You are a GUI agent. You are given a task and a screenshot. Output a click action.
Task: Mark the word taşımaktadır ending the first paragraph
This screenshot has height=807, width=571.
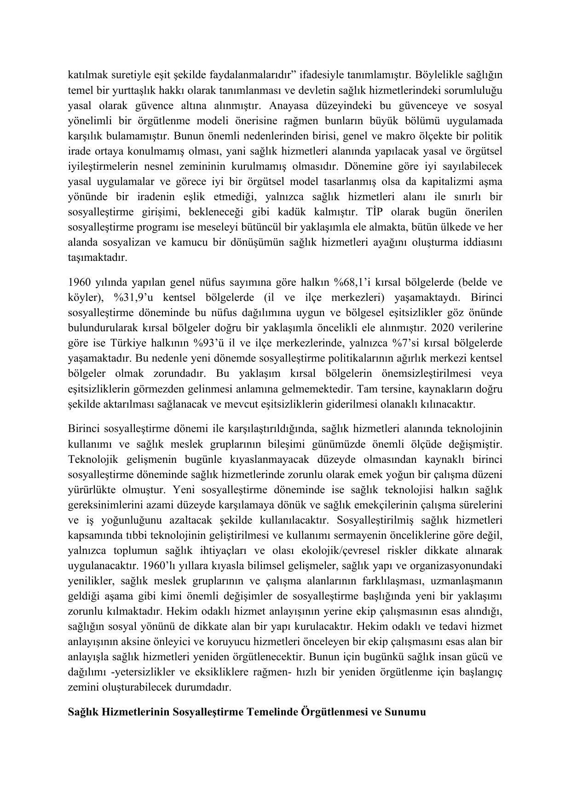[x=97, y=258]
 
